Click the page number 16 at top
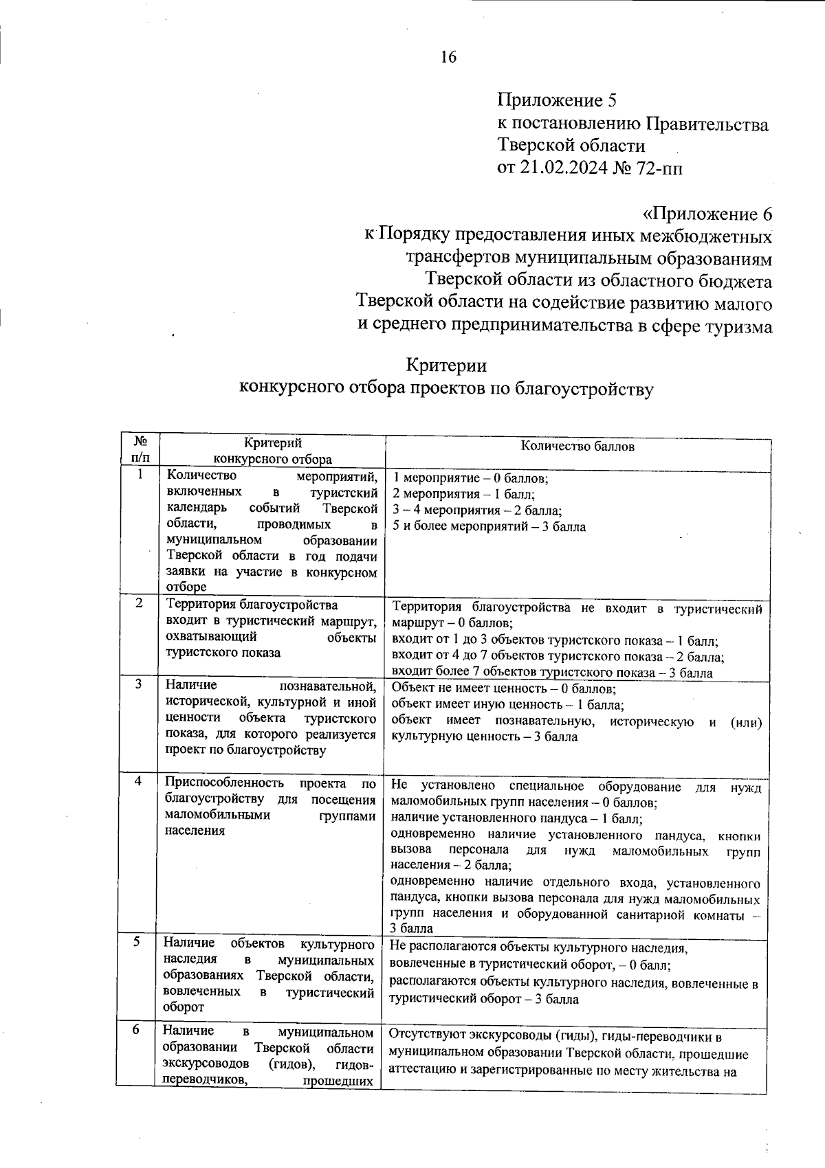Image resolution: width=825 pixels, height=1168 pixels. (448, 57)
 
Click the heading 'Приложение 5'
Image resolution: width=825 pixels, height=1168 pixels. (557, 100)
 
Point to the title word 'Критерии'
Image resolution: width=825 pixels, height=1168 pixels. (446, 364)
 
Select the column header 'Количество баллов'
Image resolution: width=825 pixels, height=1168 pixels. (577, 447)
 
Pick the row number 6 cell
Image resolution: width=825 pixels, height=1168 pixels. (136, 1029)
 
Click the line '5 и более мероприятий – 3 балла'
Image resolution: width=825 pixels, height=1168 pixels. (489, 527)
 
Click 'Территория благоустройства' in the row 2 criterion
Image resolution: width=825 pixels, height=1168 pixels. (252, 605)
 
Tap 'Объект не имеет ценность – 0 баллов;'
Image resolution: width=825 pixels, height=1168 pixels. (503, 688)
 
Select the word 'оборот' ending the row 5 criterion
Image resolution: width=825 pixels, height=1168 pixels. (184, 1007)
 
